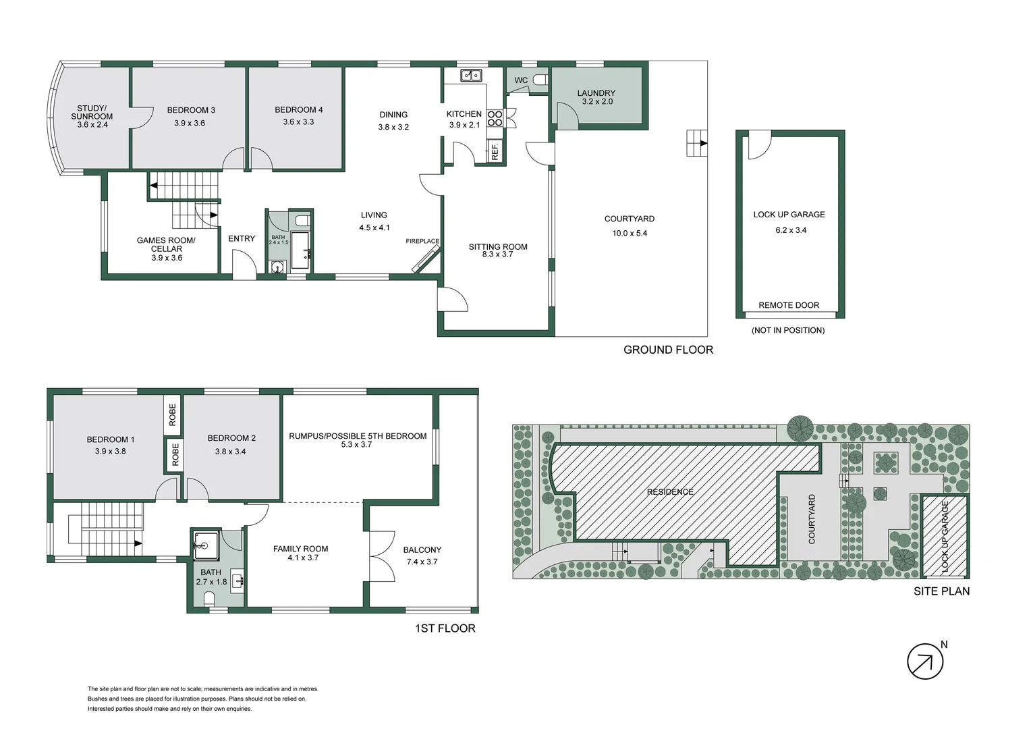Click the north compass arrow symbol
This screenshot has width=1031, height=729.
924,661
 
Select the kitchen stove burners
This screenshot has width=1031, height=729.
495,118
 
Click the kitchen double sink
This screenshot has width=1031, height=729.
470,75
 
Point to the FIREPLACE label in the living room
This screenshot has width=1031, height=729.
422,241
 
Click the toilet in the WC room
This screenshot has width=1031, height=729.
540,80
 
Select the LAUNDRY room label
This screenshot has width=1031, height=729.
596,93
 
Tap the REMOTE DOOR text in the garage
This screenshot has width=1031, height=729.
789,305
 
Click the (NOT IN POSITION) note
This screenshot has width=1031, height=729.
788,330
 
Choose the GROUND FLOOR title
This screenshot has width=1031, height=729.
668,350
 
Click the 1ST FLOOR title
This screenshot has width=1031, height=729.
445,628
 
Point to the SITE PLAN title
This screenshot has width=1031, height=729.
941,591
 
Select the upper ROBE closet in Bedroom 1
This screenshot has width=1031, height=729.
173,414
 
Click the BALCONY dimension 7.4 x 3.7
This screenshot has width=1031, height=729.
422,562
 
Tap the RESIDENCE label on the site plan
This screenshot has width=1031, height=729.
670,492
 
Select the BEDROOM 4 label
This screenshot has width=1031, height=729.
298,109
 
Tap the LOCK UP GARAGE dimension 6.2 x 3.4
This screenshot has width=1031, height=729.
791,230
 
